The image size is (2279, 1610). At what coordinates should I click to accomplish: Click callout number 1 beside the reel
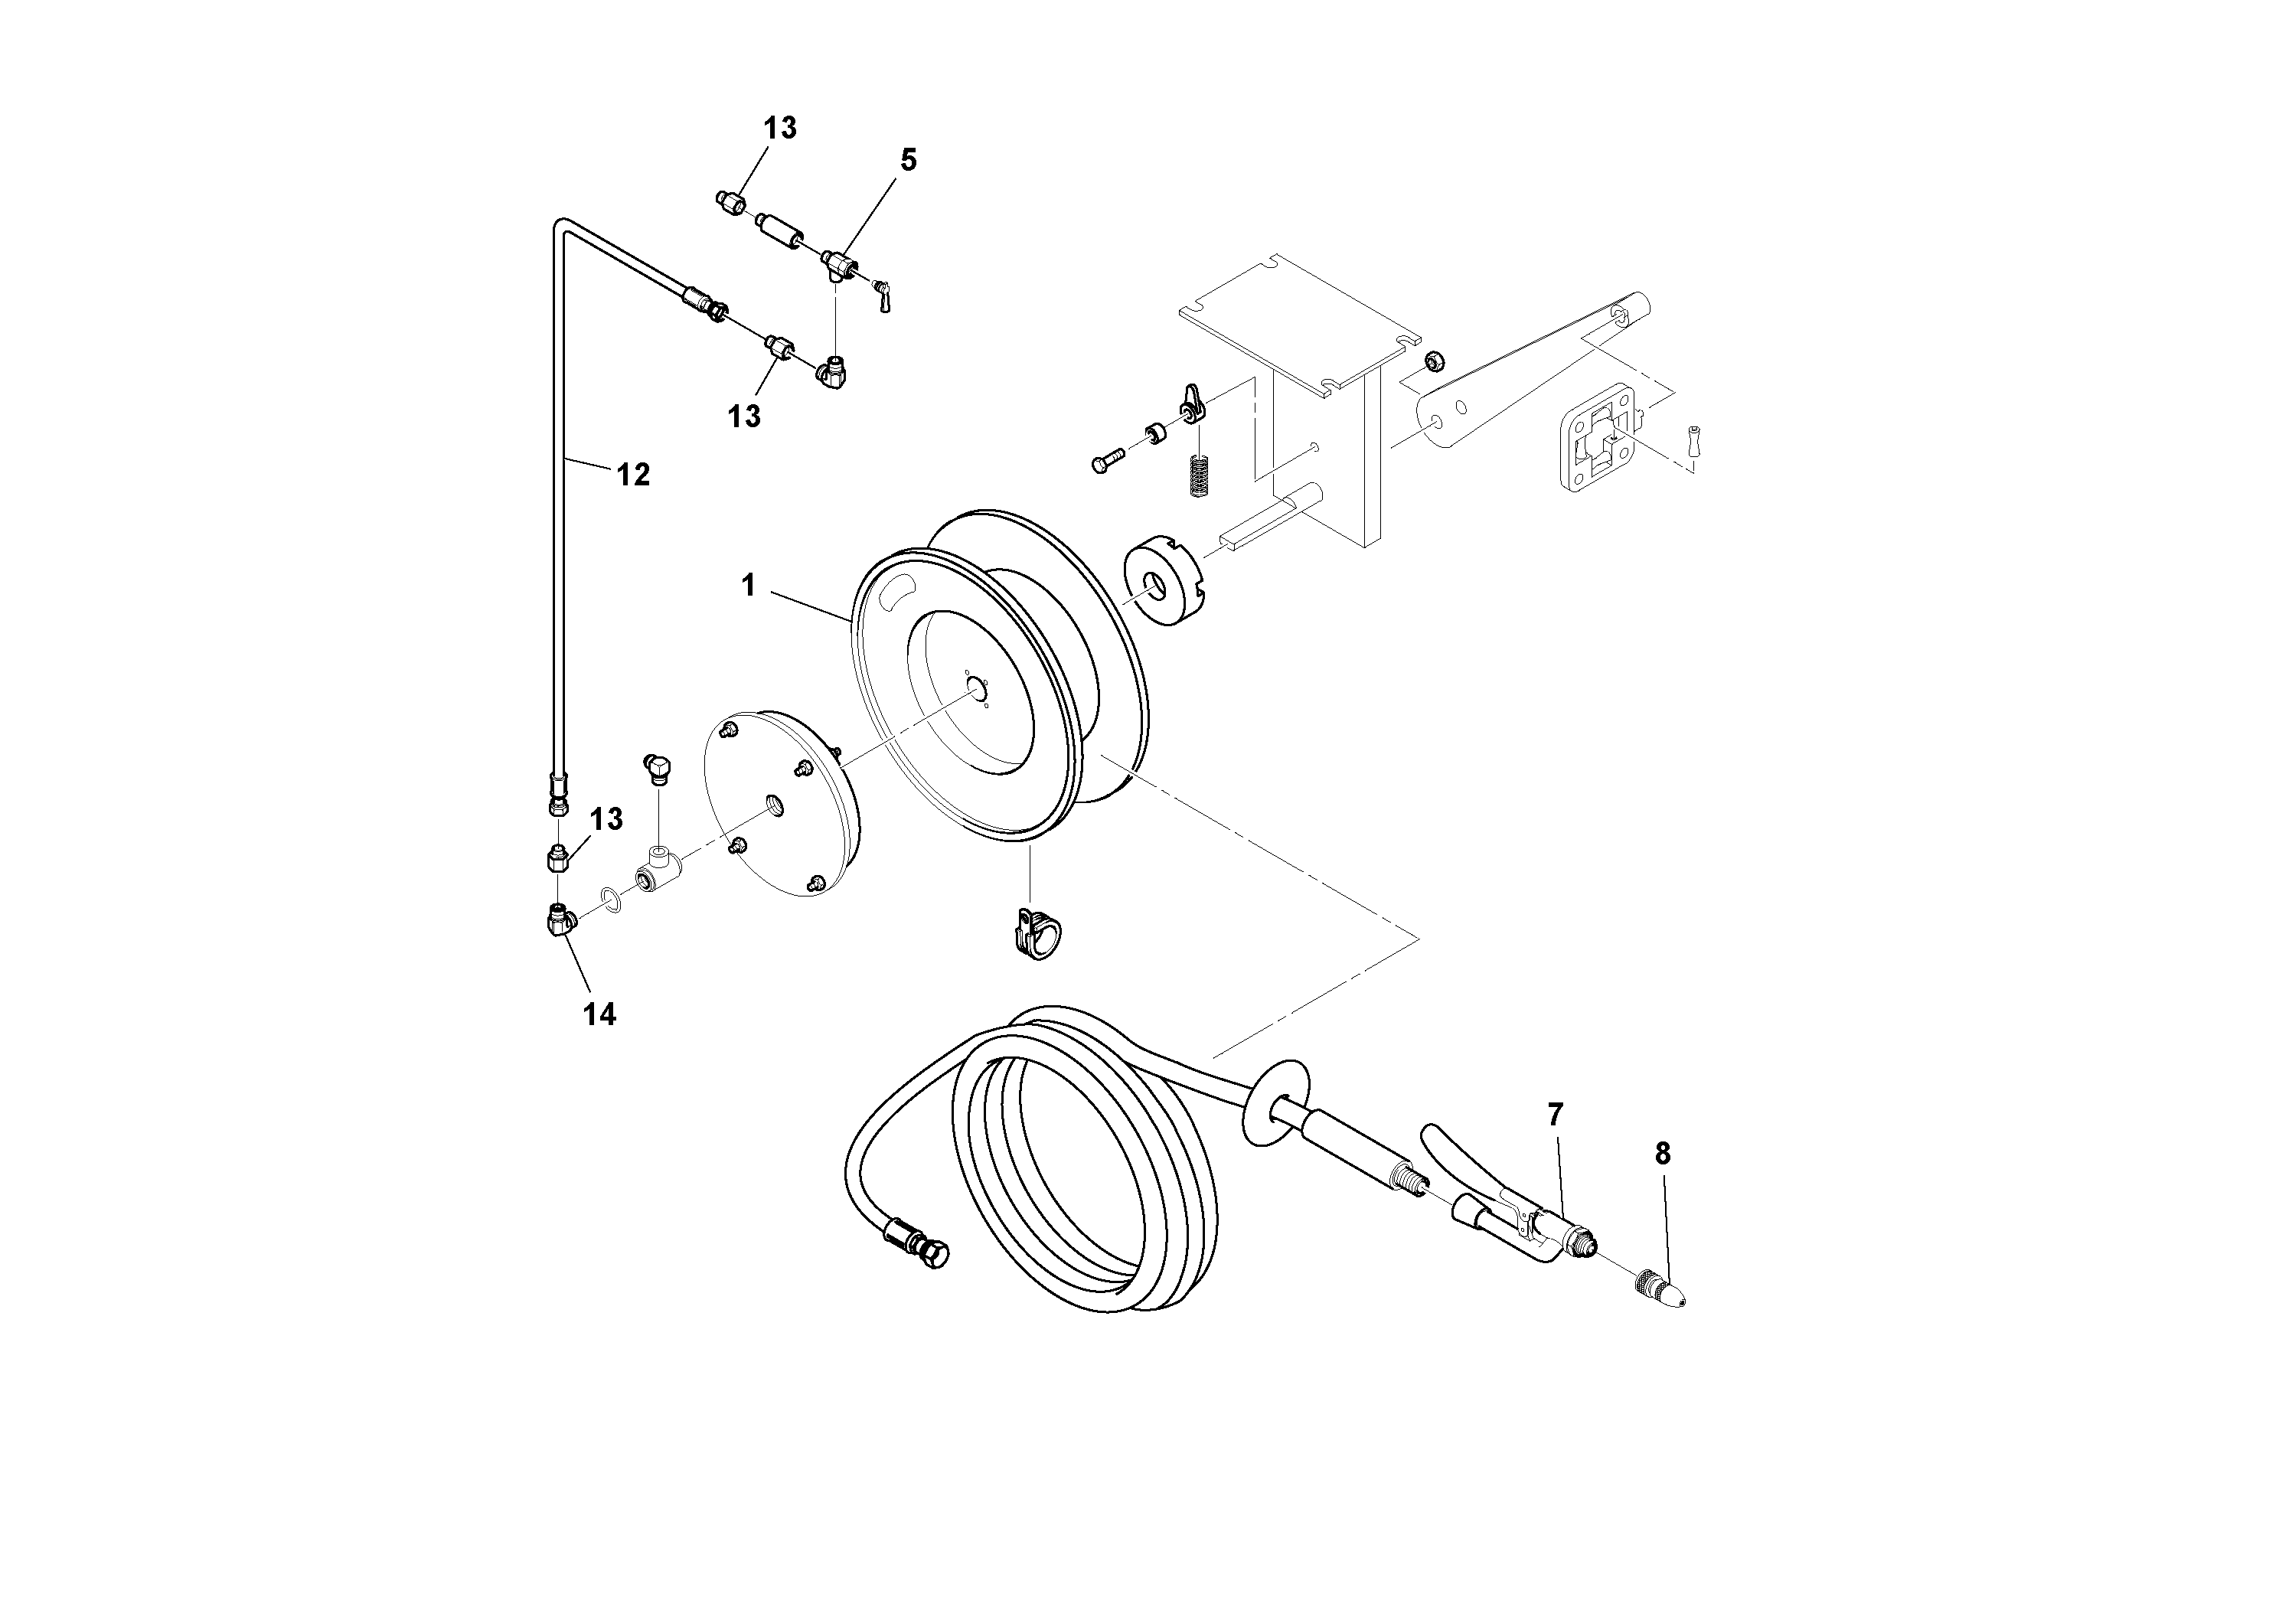(x=749, y=586)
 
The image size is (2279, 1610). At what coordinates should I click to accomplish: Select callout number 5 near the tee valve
(x=907, y=160)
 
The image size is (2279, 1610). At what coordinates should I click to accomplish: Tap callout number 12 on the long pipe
(x=633, y=475)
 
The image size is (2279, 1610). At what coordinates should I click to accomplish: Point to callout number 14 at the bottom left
(x=599, y=1014)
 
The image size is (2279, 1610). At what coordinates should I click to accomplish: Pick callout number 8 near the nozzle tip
(x=1662, y=1154)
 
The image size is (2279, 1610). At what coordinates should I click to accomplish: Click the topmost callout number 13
(x=779, y=128)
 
